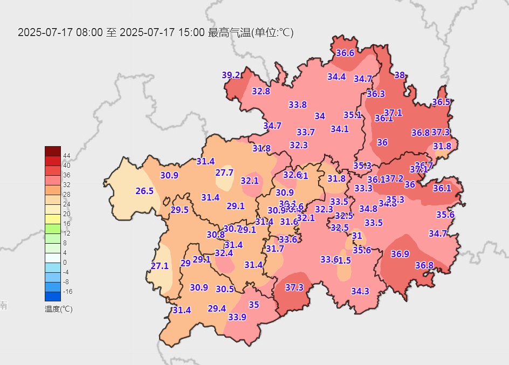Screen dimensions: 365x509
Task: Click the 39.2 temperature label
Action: click(x=231, y=75)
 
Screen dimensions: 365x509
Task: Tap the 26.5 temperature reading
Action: click(x=145, y=191)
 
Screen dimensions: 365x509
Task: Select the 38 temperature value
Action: click(x=400, y=75)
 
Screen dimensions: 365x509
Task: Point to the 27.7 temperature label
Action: click(x=224, y=173)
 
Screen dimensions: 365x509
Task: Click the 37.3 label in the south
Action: click(x=294, y=287)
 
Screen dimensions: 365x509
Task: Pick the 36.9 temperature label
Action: click(x=400, y=254)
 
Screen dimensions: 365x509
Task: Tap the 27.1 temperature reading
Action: click(x=160, y=266)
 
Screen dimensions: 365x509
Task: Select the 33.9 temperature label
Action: click(x=237, y=317)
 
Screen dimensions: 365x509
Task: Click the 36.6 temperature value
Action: click(x=345, y=53)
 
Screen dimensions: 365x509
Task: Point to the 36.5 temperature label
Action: click(x=441, y=102)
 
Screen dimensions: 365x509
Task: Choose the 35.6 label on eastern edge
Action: click(x=445, y=215)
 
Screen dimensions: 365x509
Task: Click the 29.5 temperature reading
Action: click(x=180, y=210)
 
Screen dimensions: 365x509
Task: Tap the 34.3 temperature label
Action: click(x=360, y=291)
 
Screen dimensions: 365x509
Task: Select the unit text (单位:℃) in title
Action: click(x=273, y=32)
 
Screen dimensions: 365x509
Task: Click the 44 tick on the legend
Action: click(x=67, y=156)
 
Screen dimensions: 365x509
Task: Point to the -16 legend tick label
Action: click(x=68, y=292)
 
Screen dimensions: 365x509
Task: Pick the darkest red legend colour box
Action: click(x=53, y=151)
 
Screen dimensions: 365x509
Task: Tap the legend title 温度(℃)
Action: click(x=58, y=309)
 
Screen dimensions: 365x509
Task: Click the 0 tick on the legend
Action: click(x=65, y=263)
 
